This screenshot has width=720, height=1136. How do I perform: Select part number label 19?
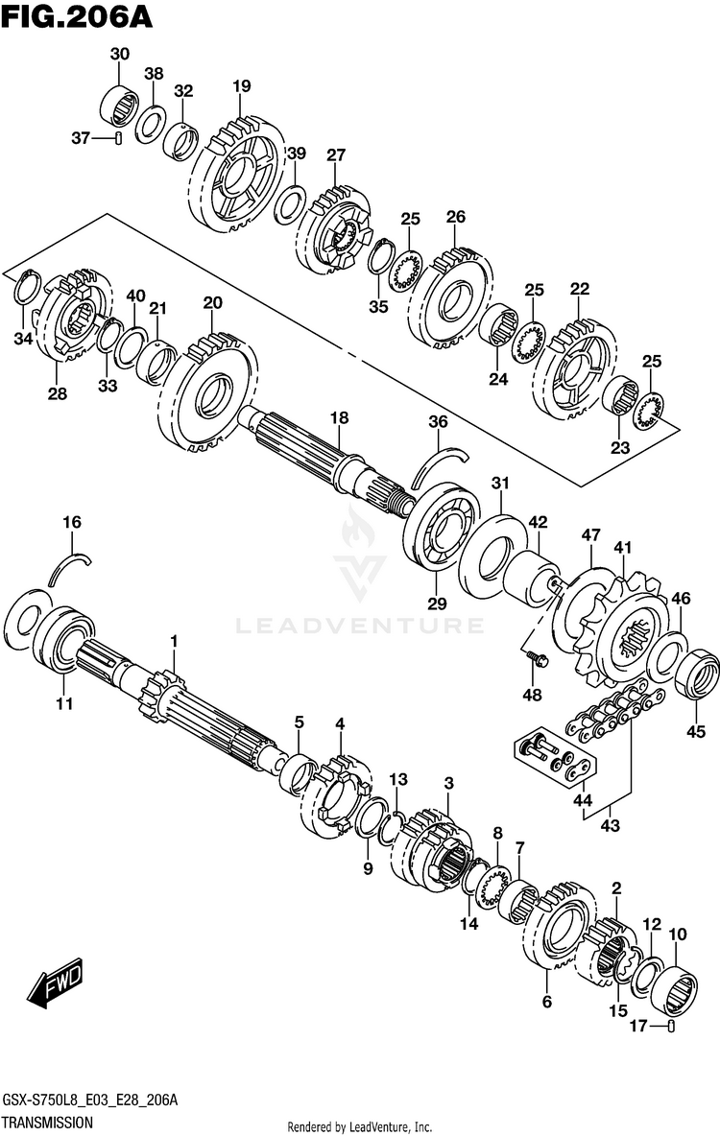(240, 87)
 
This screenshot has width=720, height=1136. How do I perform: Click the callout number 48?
(532, 694)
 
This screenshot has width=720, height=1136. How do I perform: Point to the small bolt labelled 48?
(538, 659)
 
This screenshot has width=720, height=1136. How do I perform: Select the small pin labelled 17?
(671, 1028)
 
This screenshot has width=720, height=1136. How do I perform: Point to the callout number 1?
(175, 640)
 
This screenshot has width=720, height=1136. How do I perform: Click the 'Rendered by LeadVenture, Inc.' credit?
(360, 1126)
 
